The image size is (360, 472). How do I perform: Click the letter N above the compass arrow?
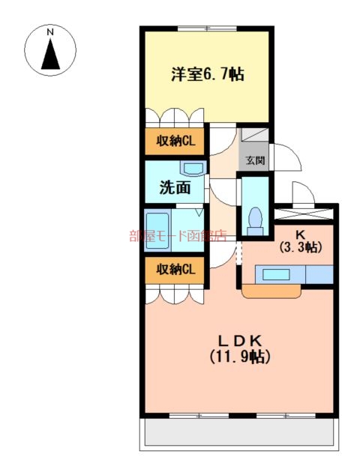tap(50, 32)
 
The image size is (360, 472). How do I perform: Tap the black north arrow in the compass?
tap(50, 55)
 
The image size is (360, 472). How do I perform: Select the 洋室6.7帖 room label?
tap(208, 73)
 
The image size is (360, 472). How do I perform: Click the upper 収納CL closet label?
tap(175, 141)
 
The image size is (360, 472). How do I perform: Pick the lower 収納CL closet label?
tap(175, 270)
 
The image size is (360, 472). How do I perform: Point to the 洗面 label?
tap(175, 188)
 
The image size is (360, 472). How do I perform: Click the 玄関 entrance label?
tap(255, 160)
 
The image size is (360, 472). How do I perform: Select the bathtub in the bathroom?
tap(157, 231)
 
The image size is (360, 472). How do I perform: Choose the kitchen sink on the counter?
tap(276, 274)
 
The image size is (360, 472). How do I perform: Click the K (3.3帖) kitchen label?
tap(301, 241)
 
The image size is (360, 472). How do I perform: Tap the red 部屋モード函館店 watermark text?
tap(178, 236)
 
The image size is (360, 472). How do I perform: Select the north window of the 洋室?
tap(207, 28)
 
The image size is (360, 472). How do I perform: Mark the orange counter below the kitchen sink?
tap(271, 291)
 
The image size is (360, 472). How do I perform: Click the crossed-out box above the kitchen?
tap(304, 214)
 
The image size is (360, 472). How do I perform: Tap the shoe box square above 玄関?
tap(255, 135)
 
